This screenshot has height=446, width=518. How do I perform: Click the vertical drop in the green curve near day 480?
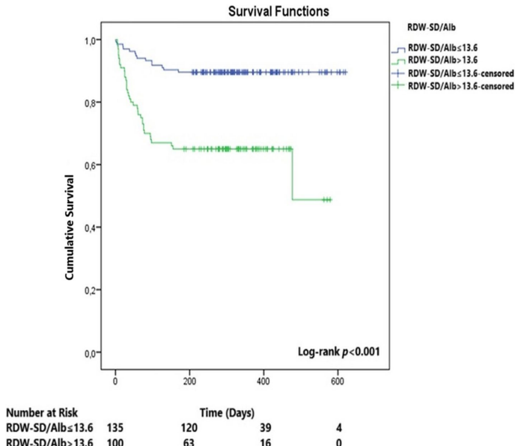[292, 174]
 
